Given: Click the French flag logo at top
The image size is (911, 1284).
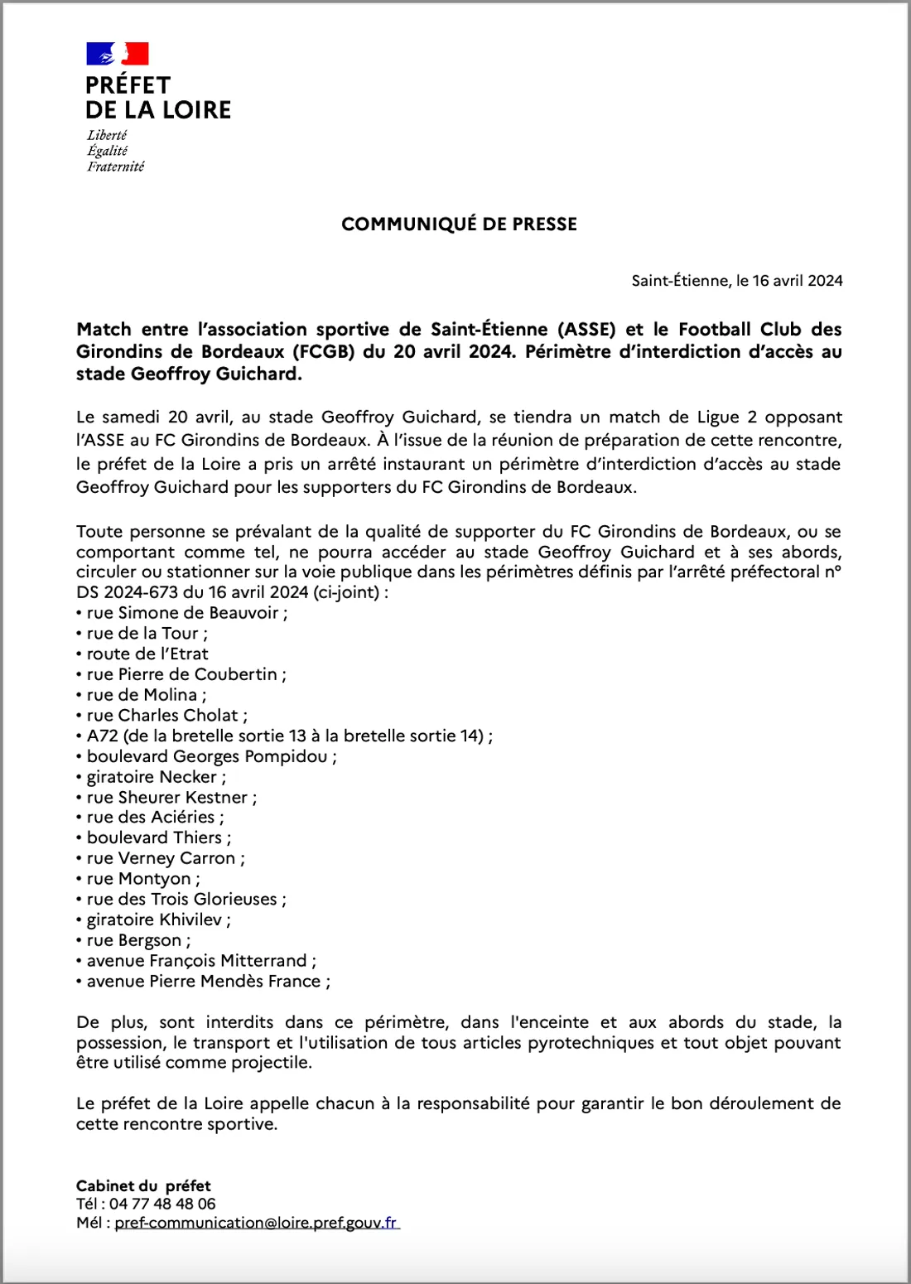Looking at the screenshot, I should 118,54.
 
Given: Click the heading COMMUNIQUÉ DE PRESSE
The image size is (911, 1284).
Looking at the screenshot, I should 459,224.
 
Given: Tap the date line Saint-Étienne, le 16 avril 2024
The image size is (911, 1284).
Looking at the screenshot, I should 736,281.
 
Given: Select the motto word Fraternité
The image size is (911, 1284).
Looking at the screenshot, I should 115,167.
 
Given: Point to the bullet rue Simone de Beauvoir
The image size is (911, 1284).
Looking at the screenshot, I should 182,613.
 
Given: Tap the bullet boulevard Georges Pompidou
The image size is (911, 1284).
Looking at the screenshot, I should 207,756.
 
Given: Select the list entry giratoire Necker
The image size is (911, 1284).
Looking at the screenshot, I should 152,777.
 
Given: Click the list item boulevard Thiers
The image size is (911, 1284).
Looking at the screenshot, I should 155,837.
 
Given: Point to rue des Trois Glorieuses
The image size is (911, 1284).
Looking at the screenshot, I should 182,899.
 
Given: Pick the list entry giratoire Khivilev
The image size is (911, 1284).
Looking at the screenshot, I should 154,920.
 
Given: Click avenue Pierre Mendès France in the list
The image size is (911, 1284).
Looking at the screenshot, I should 204,981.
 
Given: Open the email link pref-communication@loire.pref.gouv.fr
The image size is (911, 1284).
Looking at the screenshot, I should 256,1223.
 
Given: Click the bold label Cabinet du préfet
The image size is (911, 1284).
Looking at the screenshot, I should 143,1185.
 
